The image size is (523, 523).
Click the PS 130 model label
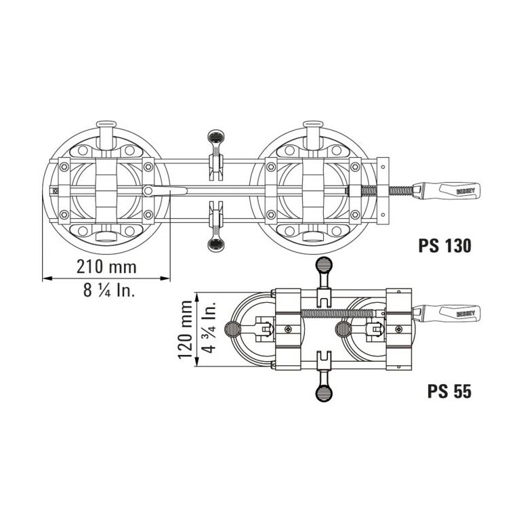(445, 245)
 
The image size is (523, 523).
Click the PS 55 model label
(449, 391)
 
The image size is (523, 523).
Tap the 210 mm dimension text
(107, 267)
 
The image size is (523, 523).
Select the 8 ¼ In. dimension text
(109, 290)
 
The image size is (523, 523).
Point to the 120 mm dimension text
(186, 329)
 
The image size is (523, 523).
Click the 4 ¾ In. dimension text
(209, 327)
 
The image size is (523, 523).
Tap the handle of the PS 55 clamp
(447, 314)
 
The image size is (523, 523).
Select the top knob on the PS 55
(324, 266)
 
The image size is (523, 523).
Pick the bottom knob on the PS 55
(324, 392)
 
